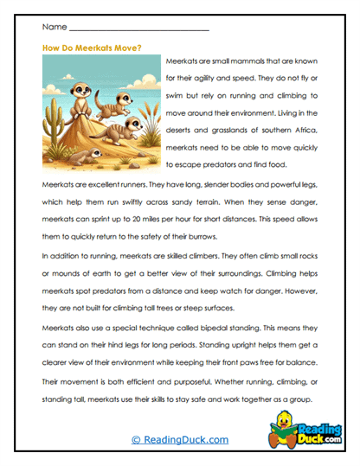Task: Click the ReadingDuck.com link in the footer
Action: (x=180, y=440)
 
